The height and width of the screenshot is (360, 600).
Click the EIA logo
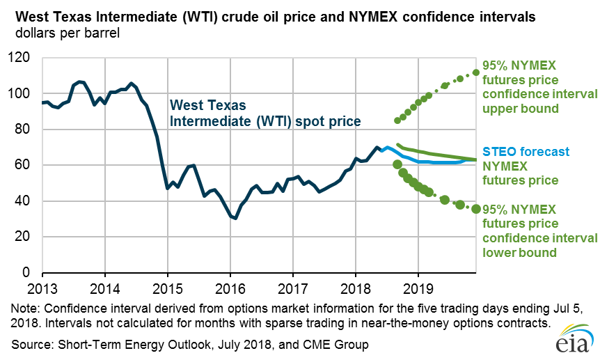[x=573, y=341]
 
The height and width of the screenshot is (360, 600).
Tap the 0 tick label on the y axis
[x=29, y=272]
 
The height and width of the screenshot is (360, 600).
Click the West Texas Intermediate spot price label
[x=265, y=114]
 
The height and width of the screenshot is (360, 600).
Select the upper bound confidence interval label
[x=537, y=87]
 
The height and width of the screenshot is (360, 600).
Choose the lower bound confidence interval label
[x=537, y=230]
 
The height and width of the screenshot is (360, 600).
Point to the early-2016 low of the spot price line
[x=235, y=218]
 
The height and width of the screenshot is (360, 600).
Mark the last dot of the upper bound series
[x=476, y=72]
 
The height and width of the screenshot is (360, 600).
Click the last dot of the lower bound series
[x=476, y=209]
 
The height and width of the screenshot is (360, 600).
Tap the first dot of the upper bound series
[x=397, y=120]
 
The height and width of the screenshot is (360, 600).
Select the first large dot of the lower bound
[x=397, y=164]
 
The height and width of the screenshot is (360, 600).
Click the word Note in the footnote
[x=24, y=308]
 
